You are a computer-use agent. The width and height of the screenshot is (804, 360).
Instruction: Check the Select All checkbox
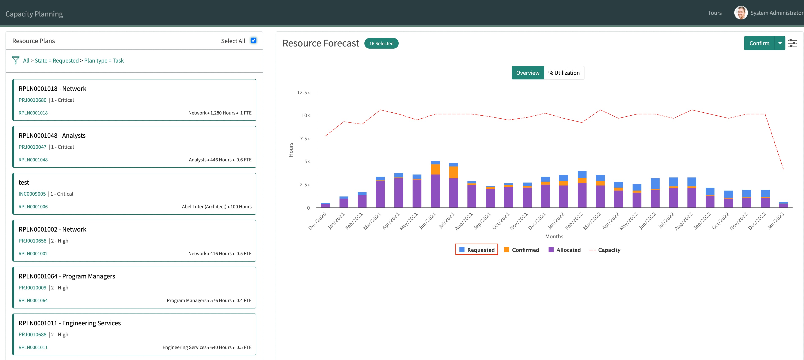tap(253, 41)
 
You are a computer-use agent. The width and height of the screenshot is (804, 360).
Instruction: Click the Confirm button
tap(759, 43)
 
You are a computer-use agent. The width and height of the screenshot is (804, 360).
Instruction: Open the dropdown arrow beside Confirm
tap(780, 43)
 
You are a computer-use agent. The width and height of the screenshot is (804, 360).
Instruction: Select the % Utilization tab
tap(564, 73)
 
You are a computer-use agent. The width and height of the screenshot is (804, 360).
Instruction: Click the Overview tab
tap(527, 73)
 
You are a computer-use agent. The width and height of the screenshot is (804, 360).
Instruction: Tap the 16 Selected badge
tap(381, 43)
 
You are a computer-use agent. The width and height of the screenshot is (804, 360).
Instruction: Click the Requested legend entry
tap(477, 250)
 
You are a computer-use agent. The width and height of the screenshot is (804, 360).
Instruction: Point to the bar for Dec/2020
tap(325, 205)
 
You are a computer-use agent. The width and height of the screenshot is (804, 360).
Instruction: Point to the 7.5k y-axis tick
tap(305, 139)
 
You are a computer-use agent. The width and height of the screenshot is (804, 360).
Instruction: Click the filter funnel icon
tap(15, 60)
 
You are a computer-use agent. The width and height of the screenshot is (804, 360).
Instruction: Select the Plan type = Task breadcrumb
tap(104, 61)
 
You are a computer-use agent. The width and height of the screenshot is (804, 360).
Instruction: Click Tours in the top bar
tap(714, 13)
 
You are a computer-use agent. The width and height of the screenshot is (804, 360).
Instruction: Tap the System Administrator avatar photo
tap(741, 13)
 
